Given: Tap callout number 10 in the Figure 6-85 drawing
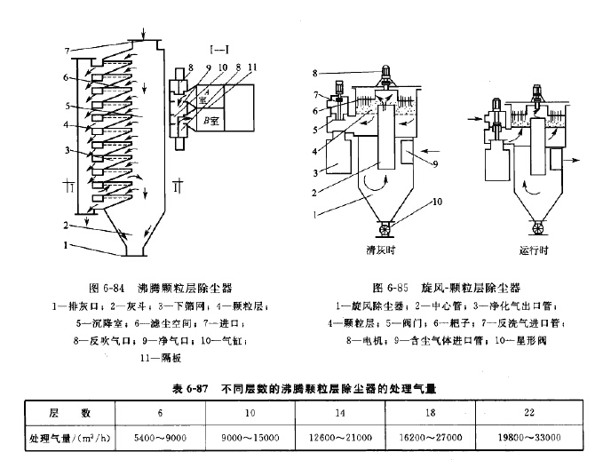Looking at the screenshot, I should pos(437,202).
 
